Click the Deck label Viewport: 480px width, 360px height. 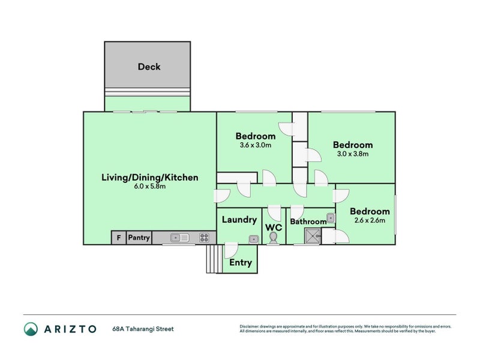click(x=149, y=67)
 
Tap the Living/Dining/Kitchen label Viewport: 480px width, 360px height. click(x=149, y=178)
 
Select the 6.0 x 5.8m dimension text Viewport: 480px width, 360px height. click(x=149, y=186)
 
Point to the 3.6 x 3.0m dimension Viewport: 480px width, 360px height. click(x=256, y=145)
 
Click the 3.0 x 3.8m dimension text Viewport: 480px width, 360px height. click(x=353, y=154)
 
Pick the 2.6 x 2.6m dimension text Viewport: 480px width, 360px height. click(x=370, y=220)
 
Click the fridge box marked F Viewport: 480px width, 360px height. click(x=119, y=238)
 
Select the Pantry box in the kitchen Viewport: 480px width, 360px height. click(x=139, y=238)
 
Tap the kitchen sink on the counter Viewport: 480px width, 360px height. click(x=179, y=238)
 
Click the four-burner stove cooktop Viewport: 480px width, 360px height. click(x=204, y=238)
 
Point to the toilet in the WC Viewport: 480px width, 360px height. click(x=273, y=238)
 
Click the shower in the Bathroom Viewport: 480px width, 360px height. click(x=313, y=236)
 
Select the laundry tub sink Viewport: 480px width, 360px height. click(x=254, y=239)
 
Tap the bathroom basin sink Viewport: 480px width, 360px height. click(x=331, y=218)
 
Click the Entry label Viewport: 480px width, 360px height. click(x=241, y=263)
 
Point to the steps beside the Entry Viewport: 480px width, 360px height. click(x=214, y=259)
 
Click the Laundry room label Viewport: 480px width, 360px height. click(x=239, y=220)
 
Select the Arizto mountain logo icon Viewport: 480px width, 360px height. click(x=31, y=329)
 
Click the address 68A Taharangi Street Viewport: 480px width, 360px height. click(x=143, y=329)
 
